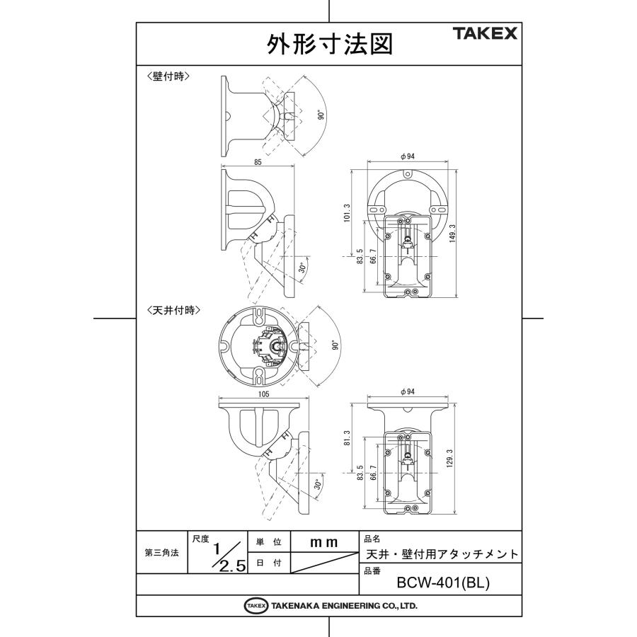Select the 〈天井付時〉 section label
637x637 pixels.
(173, 310)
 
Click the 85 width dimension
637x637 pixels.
(258, 163)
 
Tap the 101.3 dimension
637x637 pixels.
(347, 211)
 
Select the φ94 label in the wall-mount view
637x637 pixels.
(407, 156)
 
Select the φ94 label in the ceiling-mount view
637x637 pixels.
(407, 391)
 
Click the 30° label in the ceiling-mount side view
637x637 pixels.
(317, 486)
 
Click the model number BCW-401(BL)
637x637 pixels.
(443, 584)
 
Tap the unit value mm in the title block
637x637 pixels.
(324, 542)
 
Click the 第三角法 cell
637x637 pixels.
(161, 553)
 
